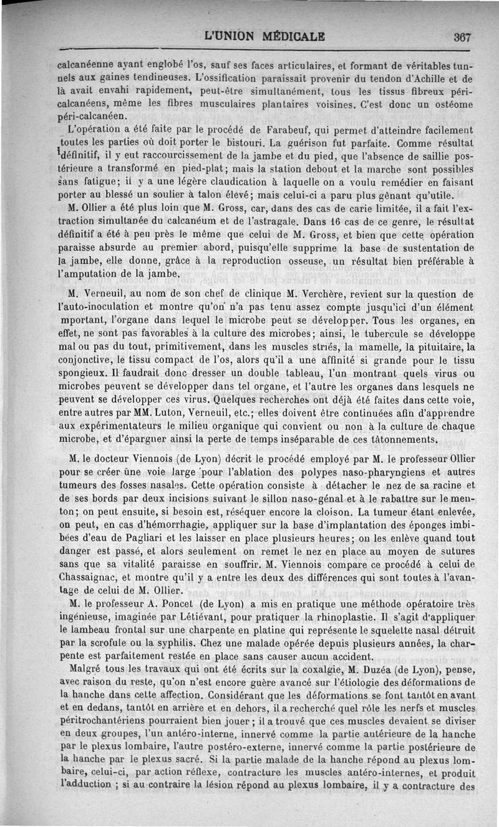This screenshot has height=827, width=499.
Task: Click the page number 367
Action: [462, 37]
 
